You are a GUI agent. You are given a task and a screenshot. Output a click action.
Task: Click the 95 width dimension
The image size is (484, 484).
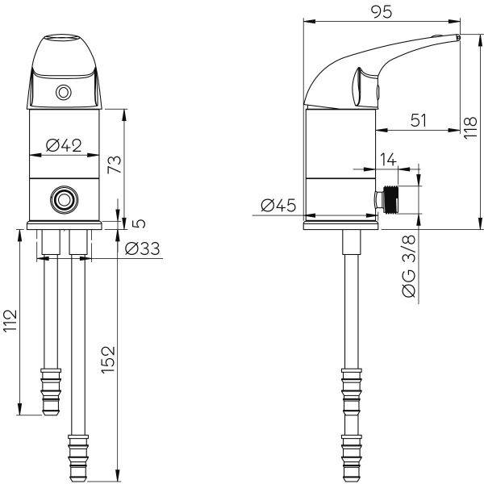[382, 12]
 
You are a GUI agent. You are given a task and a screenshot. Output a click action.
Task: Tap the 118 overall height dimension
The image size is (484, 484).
[471, 127]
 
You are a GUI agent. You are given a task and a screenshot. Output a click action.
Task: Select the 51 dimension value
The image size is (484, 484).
[418, 120]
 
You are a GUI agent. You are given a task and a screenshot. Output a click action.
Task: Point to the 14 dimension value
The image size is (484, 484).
[388, 160]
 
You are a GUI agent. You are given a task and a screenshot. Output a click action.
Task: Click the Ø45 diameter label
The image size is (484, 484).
[278, 205]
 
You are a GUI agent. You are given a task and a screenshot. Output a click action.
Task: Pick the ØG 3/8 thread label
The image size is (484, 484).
[409, 266]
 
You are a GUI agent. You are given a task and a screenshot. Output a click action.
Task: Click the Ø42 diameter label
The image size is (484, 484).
[64, 145]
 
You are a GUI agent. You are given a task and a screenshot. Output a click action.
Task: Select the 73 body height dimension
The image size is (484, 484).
[115, 165]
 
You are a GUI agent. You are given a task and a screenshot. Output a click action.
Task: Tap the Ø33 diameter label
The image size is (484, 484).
[143, 248]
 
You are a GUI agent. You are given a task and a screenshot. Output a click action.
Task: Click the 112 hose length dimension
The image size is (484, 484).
[10, 320]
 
